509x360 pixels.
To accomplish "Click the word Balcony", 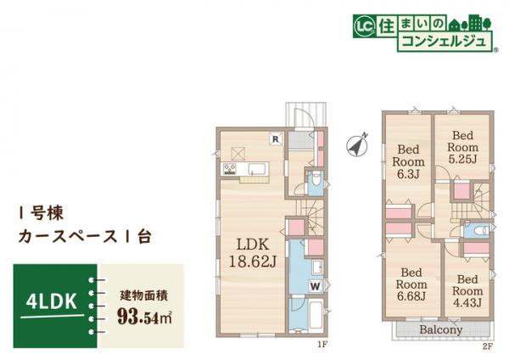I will coord(440,329).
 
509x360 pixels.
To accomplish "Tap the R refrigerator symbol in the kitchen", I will coord(275,138).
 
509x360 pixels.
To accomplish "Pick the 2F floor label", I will coord(485,344).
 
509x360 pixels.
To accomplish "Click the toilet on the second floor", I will coord(478,230).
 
